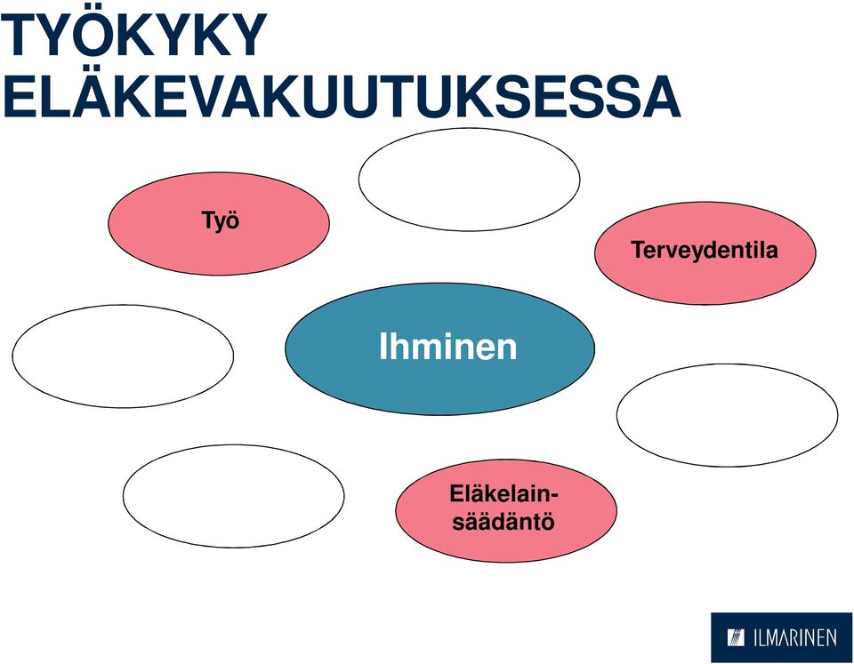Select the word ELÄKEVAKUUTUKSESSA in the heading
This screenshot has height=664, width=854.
point(341,97)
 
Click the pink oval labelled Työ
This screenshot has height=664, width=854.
point(219,223)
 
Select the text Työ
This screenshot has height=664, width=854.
point(221,221)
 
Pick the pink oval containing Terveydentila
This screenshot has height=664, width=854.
point(705,252)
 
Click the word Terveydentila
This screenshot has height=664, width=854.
point(705,250)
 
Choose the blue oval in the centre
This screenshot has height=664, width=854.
point(439,348)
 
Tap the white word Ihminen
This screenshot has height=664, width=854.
point(447,346)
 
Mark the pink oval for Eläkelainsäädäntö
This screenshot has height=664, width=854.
point(506,510)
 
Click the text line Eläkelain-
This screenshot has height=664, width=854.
point(504,494)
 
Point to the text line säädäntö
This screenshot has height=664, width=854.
point(504,522)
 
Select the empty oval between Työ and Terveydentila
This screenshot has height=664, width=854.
point(469,179)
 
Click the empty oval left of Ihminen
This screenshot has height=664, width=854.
point(123,356)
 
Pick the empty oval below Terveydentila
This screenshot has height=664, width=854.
point(727,415)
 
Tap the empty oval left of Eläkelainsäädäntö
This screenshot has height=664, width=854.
point(233,496)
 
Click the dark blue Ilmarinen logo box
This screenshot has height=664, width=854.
point(781,637)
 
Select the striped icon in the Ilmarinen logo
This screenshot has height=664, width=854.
point(736,637)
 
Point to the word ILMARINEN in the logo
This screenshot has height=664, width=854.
point(795,638)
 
